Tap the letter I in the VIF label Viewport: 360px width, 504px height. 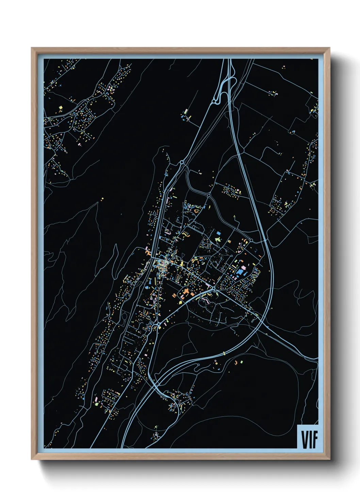coord(310,439)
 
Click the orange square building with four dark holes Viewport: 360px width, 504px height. coord(148,253)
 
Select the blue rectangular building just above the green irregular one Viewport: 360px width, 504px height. coord(218,233)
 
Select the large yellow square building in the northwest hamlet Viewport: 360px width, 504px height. coord(61,108)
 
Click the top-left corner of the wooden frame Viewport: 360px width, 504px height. coord(32,48)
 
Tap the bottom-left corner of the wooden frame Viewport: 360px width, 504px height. coord(32,459)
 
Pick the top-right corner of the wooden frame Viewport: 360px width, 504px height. coord(329,48)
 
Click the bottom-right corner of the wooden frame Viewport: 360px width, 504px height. coord(329,459)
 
